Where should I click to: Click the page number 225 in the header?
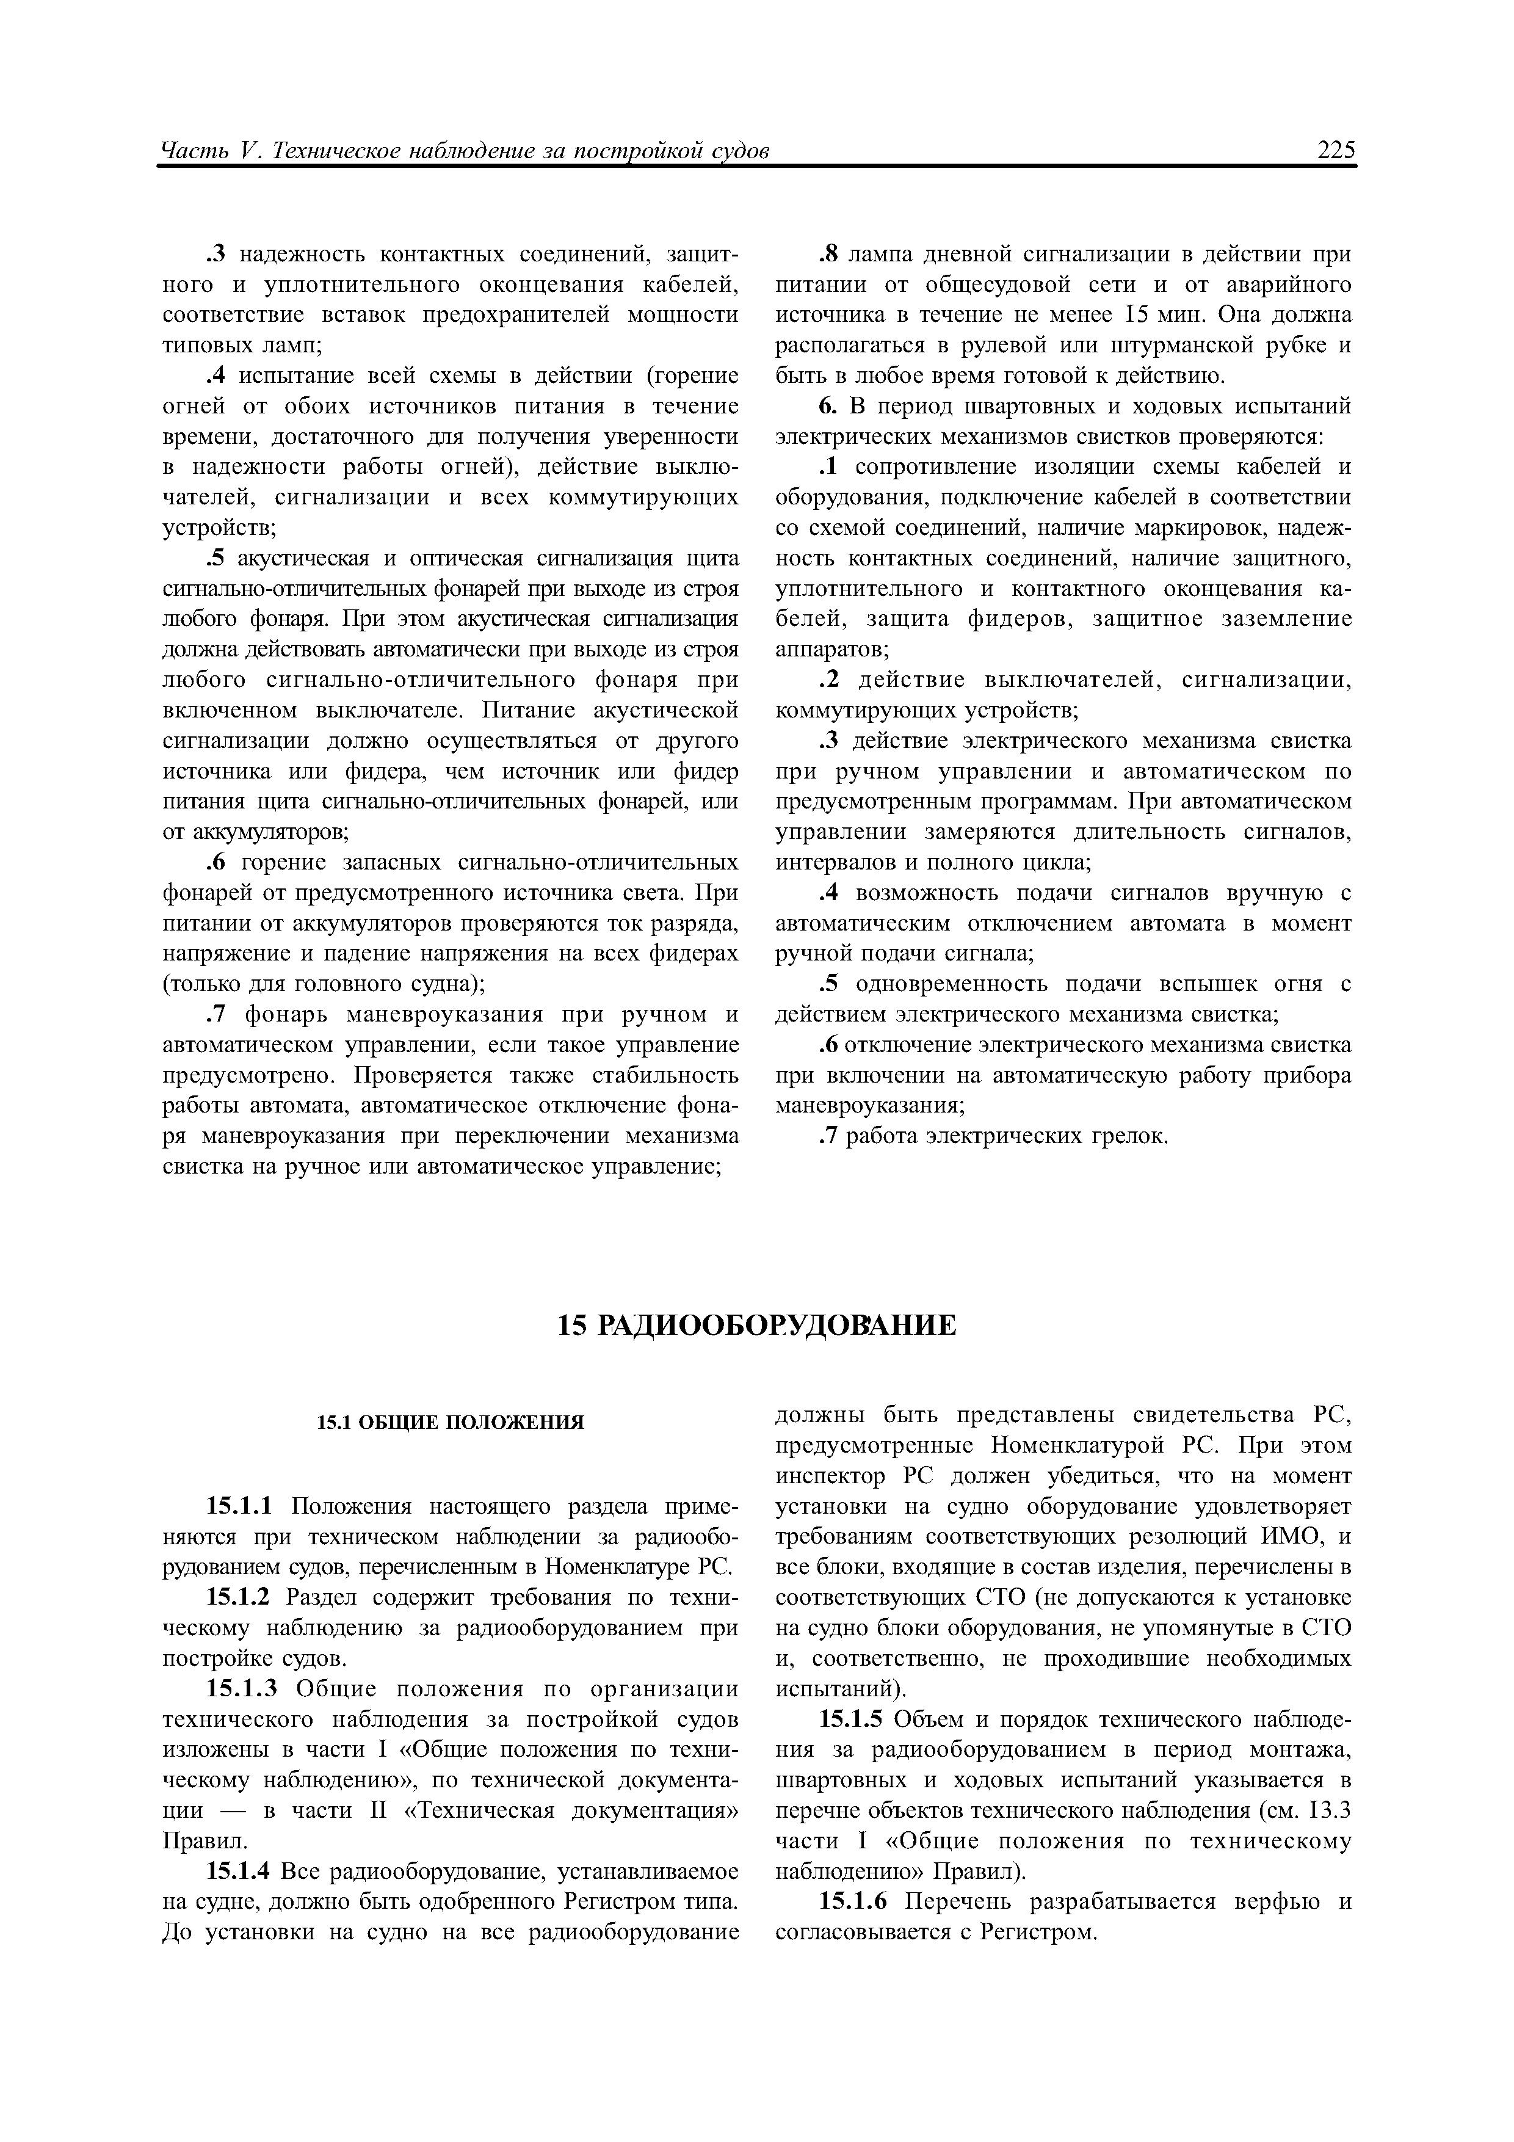1336,150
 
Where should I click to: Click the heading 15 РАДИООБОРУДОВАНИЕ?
756,1325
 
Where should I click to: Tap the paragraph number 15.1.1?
238,1507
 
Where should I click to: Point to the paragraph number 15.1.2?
238,1598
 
